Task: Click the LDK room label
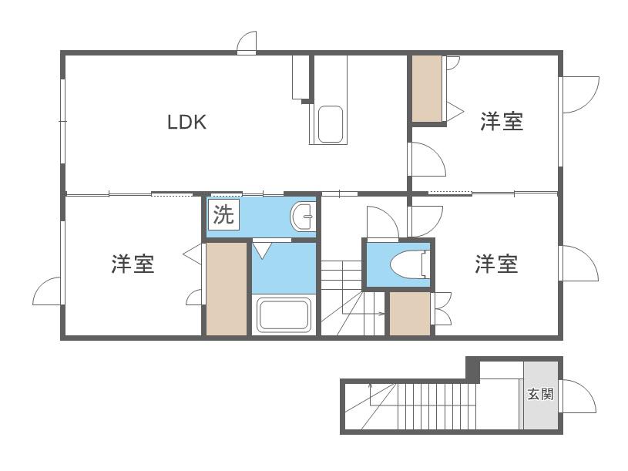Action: point(186,122)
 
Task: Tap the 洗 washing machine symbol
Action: point(223,214)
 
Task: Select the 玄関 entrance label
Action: point(540,394)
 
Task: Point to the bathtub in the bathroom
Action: point(284,315)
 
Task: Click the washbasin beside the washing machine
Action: point(303,217)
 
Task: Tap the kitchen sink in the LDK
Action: point(331,124)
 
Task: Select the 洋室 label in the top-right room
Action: point(502,121)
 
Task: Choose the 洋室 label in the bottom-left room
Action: point(133,264)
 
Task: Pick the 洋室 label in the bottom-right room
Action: point(496,264)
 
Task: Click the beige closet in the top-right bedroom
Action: point(427,89)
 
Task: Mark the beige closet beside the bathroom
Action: point(227,289)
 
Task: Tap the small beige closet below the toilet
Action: point(410,314)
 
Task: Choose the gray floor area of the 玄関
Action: point(541,395)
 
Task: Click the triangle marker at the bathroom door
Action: point(262,250)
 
